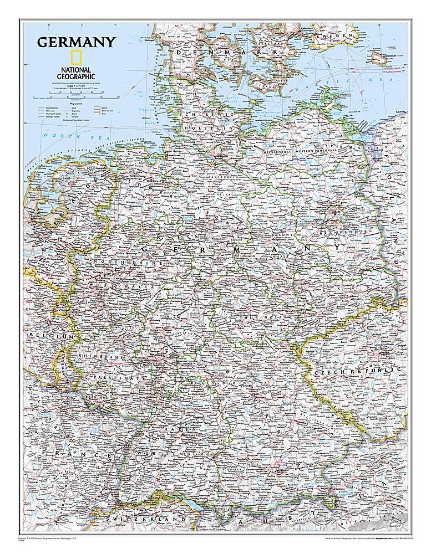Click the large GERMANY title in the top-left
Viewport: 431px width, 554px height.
click(76, 42)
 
